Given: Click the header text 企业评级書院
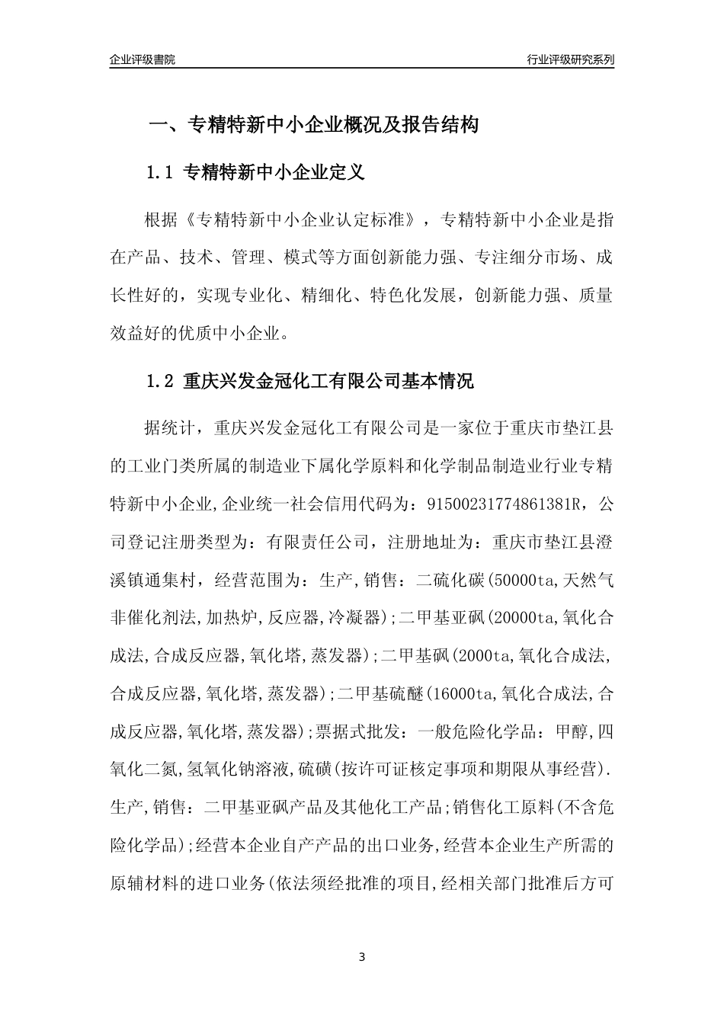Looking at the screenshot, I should [143, 59].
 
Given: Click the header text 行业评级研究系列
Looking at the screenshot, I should [570, 59].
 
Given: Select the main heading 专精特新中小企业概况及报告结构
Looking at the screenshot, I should [332, 125].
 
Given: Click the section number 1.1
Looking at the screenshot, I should [161, 173].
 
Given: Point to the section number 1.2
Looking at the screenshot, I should [161, 381].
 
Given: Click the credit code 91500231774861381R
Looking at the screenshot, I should [501, 504].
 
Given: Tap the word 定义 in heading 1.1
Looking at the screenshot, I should [347, 173].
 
